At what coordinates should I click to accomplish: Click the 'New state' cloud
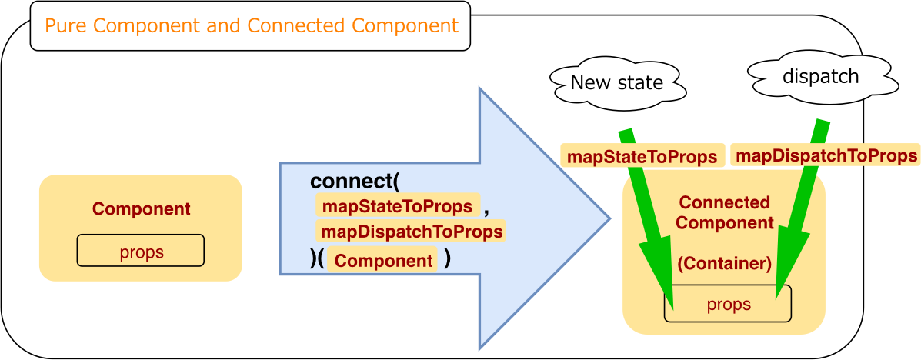(x=617, y=82)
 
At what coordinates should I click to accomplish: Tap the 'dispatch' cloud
(x=820, y=77)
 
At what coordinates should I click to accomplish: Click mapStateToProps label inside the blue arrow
(x=397, y=206)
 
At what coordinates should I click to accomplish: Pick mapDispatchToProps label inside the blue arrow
(x=412, y=232)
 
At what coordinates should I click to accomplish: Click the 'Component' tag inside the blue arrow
(x=383, y=260)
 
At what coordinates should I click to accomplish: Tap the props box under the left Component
(x=141, y=252)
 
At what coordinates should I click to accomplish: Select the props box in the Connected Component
(x=728, y=305)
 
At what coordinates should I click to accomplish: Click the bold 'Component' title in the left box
(x=141, y=208)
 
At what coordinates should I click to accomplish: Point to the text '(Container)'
(x=724, y=264)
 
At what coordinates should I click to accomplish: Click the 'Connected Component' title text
(x=724, y=213)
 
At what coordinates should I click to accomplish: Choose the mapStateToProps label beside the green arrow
(x=642, y=157)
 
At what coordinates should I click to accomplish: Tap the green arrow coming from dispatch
(x=800, y=215)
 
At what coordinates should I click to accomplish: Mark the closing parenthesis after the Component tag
(x=447, y=259)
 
